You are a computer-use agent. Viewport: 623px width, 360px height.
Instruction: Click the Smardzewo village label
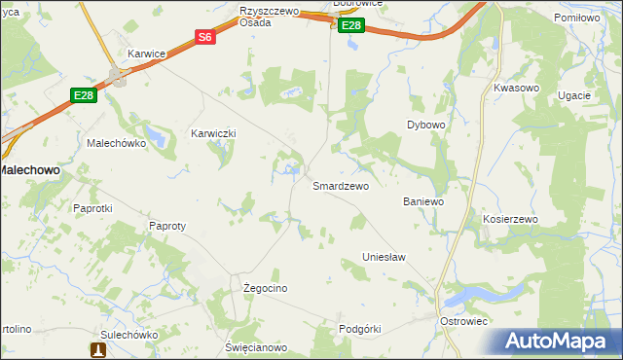tap(340, 186)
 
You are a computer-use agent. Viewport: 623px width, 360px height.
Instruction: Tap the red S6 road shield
tap(204, 38)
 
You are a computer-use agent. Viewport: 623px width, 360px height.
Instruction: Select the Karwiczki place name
tap(214, 133)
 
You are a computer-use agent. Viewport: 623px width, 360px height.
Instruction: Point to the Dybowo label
tap(425, 126)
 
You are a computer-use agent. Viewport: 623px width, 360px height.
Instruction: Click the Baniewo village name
tap(423, 201)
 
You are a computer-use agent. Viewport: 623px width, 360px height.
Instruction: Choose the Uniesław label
tap(384, 257)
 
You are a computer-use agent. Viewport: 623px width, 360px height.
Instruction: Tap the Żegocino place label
tap(265, 289)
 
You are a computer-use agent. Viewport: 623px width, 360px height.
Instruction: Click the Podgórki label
tap(359, 329)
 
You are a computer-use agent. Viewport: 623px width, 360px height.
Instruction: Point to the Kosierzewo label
tap(510, 220)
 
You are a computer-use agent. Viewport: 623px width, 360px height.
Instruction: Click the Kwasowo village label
tap(516, 88)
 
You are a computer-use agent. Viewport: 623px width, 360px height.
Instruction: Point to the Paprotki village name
tap(93, 208)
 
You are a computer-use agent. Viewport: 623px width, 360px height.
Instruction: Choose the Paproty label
tap(167, 226)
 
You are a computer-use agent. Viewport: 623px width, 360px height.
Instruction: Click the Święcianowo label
tap(256, 347)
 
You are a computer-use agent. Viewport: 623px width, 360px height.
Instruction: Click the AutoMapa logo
tap(563, 341)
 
